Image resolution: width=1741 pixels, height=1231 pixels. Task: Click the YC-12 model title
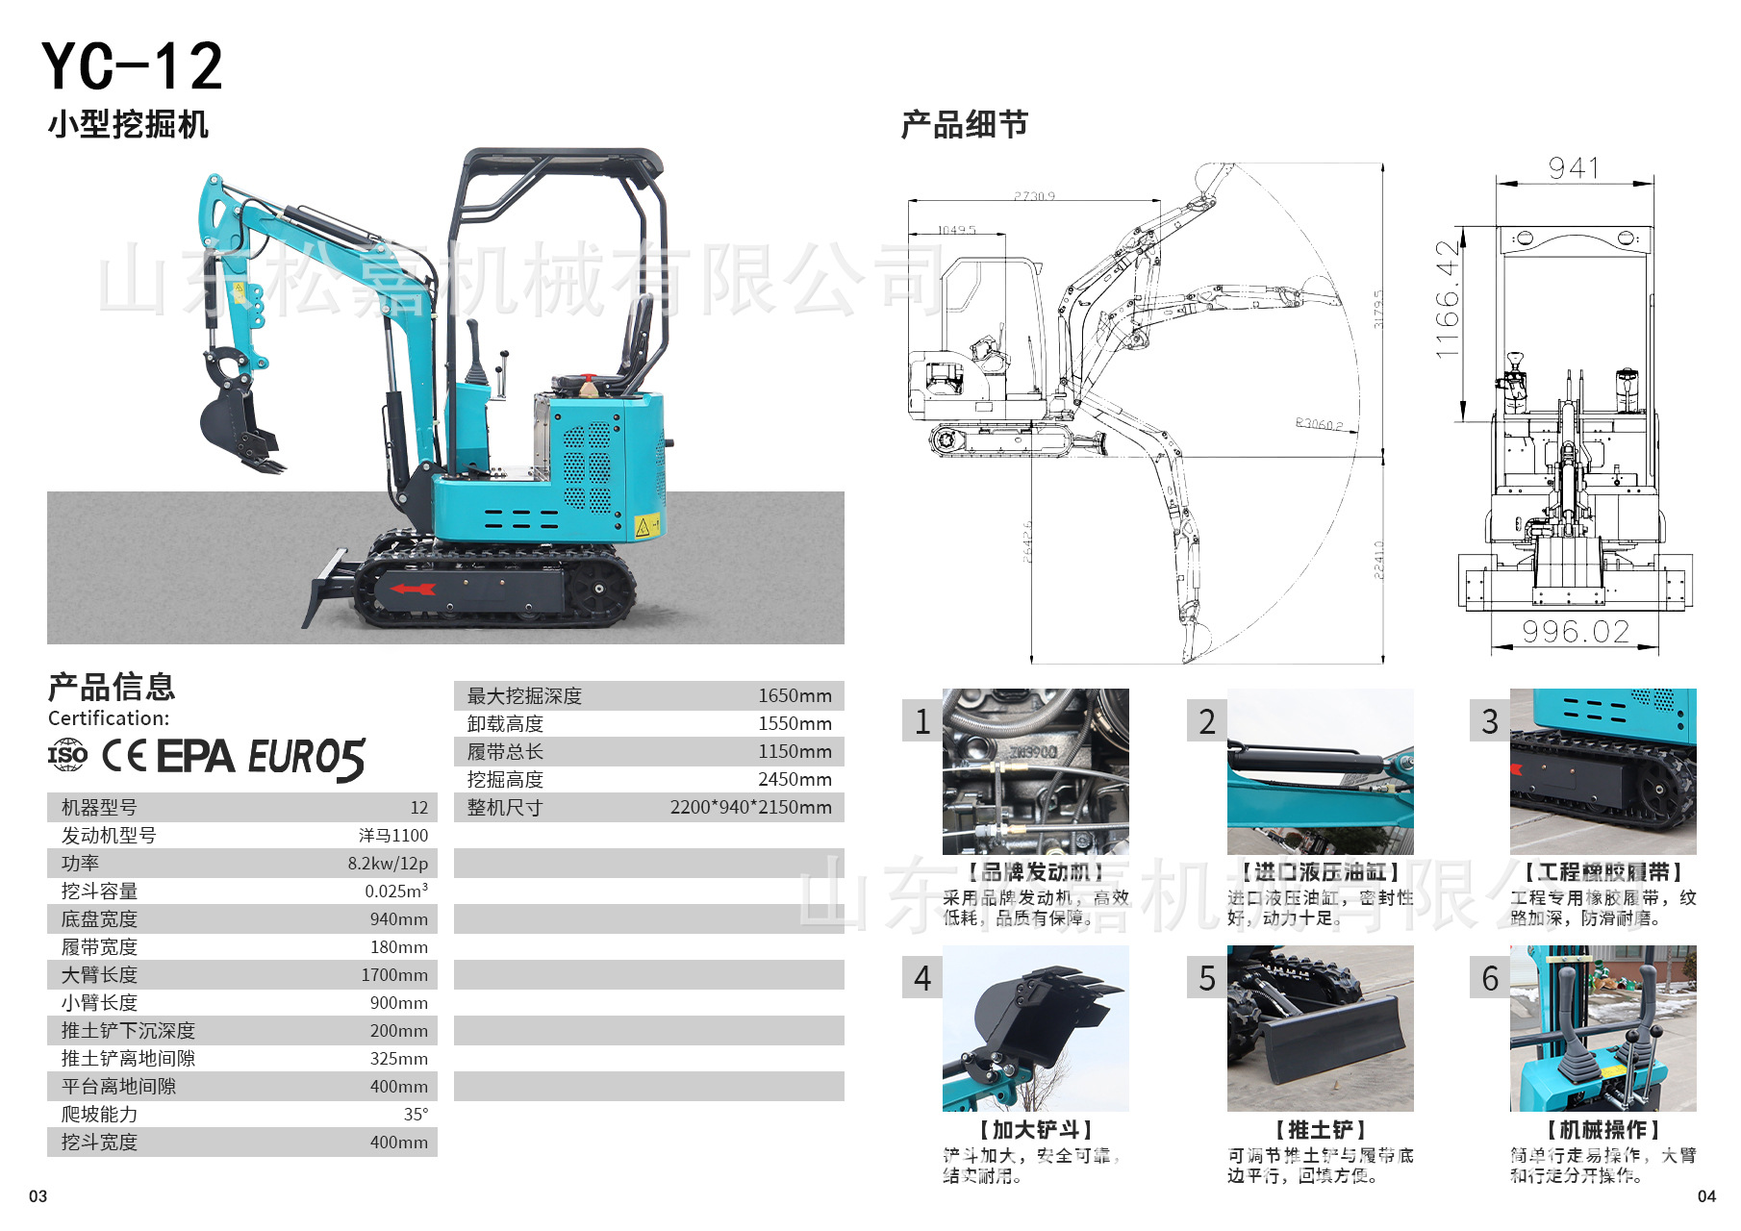point(132,66)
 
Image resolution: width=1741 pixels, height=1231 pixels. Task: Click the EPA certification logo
point(195,757)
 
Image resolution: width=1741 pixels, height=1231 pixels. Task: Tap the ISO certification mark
point(67,755)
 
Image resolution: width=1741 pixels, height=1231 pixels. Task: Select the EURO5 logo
point(307,759)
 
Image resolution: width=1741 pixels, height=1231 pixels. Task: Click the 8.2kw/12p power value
point(388,864)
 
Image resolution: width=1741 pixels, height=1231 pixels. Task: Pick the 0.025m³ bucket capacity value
point(395,892)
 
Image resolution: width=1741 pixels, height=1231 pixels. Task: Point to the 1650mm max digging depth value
point(795,695)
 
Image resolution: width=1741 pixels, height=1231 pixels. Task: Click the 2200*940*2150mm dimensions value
point(750,807)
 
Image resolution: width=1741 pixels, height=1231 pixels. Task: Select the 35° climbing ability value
point(416,1115)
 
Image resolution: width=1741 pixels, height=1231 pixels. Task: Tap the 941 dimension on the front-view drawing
point(1574,168)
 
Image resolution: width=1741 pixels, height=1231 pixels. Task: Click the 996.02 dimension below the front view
point(1576,632)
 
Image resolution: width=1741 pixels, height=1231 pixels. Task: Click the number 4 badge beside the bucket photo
point(922,978)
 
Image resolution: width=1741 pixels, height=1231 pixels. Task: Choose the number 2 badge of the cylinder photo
point(1206,721)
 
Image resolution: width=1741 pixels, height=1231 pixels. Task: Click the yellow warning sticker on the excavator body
point(646,526)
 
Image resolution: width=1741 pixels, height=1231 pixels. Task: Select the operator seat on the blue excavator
point(635,341)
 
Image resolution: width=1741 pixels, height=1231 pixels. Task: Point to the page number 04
point(1706,1196)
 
